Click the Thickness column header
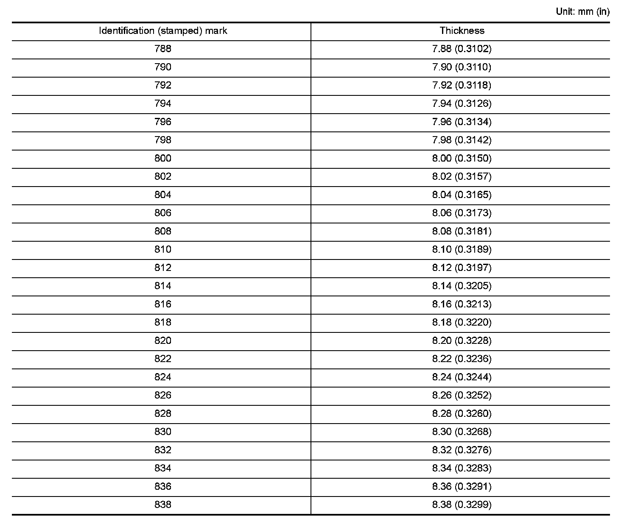[462, 31]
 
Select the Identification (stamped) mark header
[163, 31]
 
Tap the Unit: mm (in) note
[582, 11]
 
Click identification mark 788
[163, 49]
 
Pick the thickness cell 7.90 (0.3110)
[462, 67]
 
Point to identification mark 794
[163, 103]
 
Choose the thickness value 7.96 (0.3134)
[462, 122]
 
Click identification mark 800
[163, 158]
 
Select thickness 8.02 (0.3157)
[462, 176]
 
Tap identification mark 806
[163, 213]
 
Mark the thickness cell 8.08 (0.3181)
[462, 231]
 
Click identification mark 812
[163, 268]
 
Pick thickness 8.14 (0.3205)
[462, 286]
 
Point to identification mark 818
[163, 322]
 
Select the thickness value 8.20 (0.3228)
[462, 340]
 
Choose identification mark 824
[163, 377]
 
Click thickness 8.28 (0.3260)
[462, 413]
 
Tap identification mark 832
[163, 450]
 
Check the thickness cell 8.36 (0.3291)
[462, 486]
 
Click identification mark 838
[163, 505]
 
